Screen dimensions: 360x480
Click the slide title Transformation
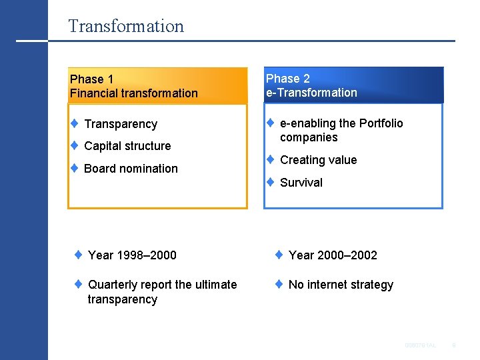point(125,27)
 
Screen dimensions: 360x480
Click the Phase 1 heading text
point(91,79)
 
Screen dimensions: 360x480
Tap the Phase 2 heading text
point(288,79)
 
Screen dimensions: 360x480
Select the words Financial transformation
point(133,94)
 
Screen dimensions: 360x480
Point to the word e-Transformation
point(311,93)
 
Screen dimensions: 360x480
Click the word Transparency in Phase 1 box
point(121,124)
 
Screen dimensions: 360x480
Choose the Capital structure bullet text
point(127,146)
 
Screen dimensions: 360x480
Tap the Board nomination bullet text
point(131,169)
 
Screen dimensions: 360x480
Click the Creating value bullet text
point(318,160)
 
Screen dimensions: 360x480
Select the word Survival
point(301,183)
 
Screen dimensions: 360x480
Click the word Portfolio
point(381,123)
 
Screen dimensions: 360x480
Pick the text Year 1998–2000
point(132,255)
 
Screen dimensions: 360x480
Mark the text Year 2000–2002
point(333,255)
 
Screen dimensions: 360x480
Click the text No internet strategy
point(341,285)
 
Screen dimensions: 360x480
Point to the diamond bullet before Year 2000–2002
point(279,255)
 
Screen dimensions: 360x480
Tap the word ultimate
point(214,285)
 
